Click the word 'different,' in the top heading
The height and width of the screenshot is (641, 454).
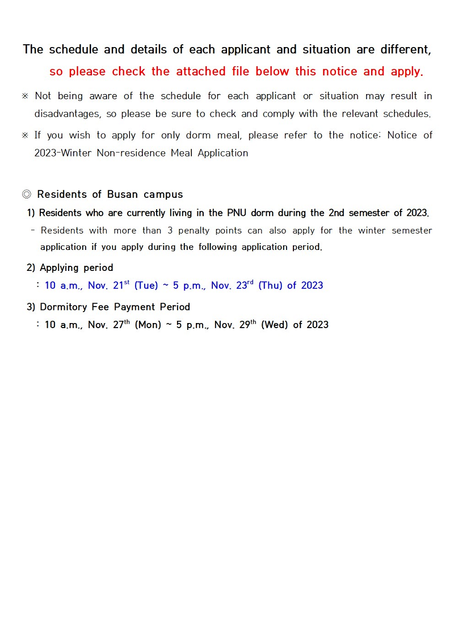click(406, 50)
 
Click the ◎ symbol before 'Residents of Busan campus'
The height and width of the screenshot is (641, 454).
click(27, 194)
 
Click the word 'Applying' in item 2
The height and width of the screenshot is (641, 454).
click(60, 268)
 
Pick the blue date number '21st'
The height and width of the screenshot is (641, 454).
click(121, 285)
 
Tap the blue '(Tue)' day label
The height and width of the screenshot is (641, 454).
click(146, 286)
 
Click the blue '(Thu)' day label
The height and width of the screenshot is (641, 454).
click(270, 286)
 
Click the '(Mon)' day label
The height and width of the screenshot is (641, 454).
click(148, 325)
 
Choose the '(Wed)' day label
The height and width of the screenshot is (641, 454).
click(274, 325)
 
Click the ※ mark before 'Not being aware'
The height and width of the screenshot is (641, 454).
click(25, 96)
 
